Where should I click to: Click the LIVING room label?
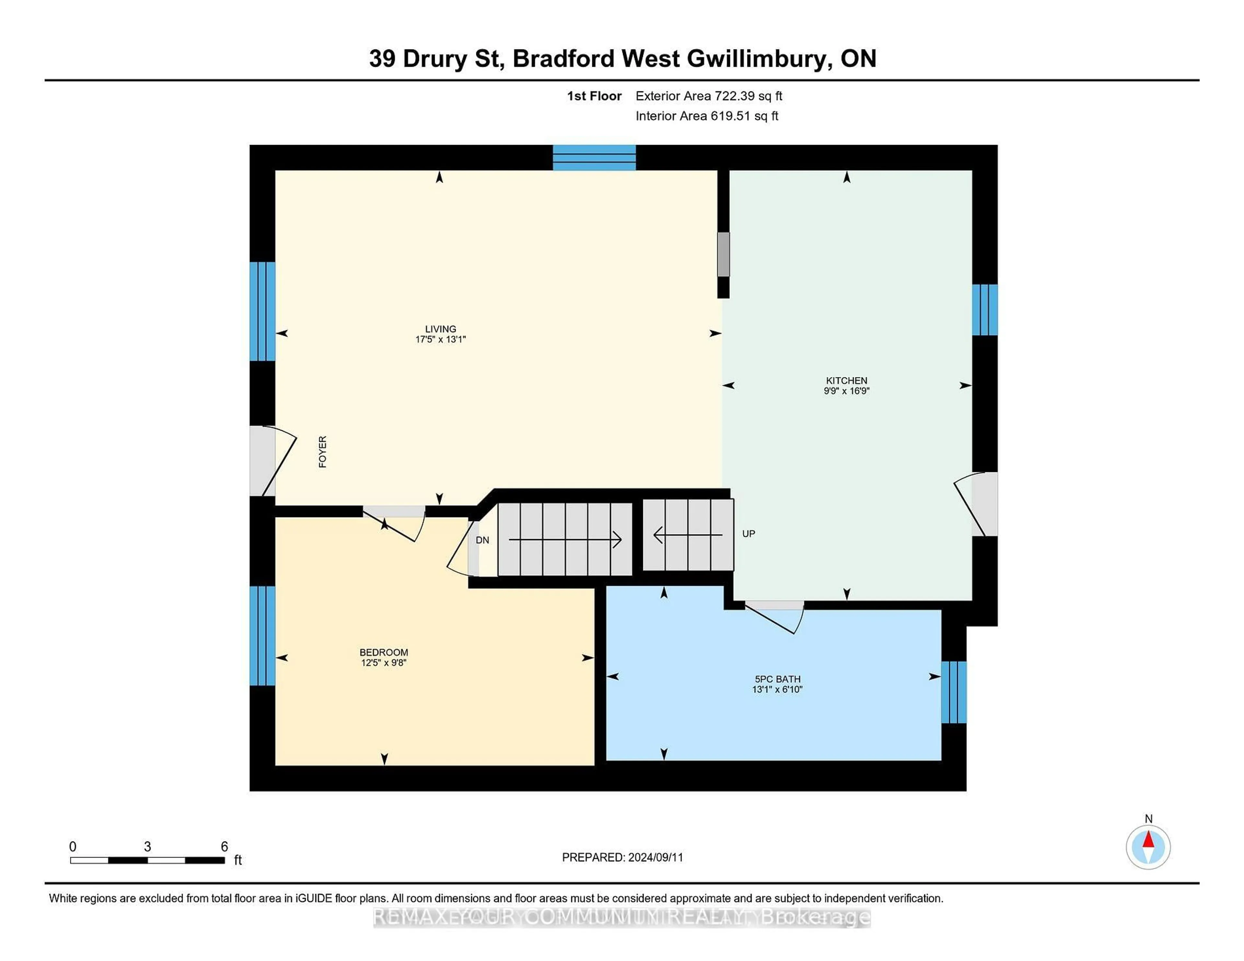coord(440,329)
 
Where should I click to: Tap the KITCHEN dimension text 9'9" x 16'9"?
coord(847,391)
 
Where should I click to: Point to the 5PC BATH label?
coord(777,679)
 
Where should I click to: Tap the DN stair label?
coord(482,540)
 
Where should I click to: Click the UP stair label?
coord(748,534)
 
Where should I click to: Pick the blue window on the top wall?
coord(594,158)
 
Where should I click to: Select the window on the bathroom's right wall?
coord(953,692)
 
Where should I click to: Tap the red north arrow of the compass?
coord(1148,840)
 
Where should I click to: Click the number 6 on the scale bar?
coord(225,846)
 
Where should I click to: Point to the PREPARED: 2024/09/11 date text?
coord(623,857)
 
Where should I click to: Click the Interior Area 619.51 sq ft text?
coord(707,116)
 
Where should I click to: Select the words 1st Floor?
coord(594,96)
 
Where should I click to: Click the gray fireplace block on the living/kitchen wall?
coord(723,254)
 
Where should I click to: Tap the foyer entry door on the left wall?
coord(263,462)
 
